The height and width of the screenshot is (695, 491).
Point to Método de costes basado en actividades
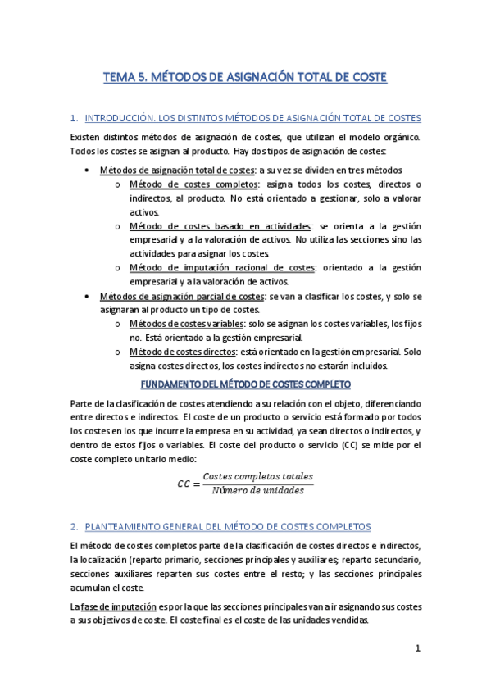pos(220,225)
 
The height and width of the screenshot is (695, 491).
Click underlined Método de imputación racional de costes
pos(222,267)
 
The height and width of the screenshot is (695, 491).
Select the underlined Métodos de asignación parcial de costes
pos(180,296)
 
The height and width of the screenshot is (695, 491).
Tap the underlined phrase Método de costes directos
pos(181,352)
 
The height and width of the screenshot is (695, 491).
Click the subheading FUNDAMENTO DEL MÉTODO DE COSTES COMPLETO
pos(246,384)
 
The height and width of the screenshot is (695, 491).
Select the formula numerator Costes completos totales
pos(257,476)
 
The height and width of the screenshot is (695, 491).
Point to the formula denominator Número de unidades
pos(257,490)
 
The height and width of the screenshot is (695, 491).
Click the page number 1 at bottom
pos(417,648)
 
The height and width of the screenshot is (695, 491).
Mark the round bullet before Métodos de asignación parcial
pos(88,296)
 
